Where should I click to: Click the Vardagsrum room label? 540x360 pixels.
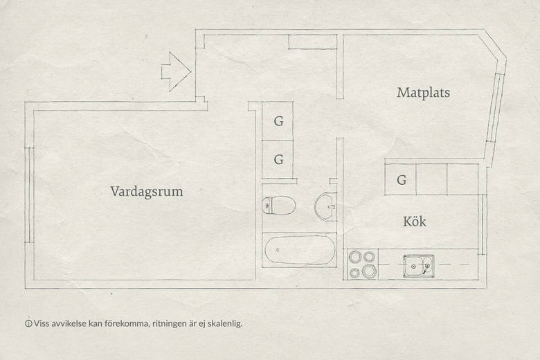146,192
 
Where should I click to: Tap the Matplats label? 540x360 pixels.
423,93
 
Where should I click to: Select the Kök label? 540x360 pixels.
414,221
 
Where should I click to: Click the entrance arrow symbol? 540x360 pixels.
176,72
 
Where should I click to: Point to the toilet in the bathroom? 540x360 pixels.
278,206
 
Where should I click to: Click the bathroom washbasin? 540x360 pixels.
325,207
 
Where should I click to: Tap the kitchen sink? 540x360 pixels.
418,266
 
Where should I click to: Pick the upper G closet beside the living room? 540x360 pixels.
278,121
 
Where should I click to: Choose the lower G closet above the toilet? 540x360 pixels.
278,159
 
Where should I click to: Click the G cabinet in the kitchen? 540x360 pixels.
401,179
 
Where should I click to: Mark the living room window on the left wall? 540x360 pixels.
29,195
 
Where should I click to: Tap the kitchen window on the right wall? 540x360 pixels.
483,224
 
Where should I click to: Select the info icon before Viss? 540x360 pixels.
28,324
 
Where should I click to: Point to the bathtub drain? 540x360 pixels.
278,250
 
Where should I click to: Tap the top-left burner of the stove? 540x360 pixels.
354,257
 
